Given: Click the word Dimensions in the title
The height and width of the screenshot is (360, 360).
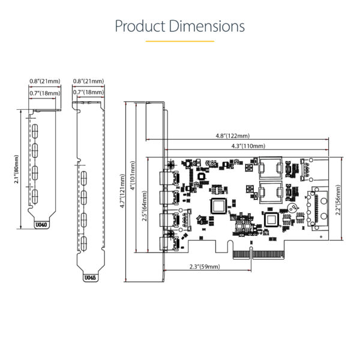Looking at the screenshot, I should pos(207,26).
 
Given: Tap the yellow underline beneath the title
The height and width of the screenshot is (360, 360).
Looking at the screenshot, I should pos(180,41).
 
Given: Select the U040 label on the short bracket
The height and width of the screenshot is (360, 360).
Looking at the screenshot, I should pos(40,226).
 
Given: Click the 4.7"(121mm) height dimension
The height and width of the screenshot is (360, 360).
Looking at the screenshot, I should pos(122,191).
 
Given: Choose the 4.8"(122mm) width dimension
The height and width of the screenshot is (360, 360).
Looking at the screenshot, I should pos(233,136).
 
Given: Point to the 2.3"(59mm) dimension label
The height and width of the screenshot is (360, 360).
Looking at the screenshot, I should pos(204,266).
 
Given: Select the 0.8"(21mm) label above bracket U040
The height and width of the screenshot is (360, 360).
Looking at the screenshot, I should pos(44,81).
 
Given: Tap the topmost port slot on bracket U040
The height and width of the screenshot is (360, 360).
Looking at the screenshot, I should pos(35,130).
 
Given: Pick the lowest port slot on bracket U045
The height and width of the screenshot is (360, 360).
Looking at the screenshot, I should pos(85,244).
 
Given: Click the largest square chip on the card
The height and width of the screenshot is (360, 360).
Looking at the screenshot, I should pos(219,205).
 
